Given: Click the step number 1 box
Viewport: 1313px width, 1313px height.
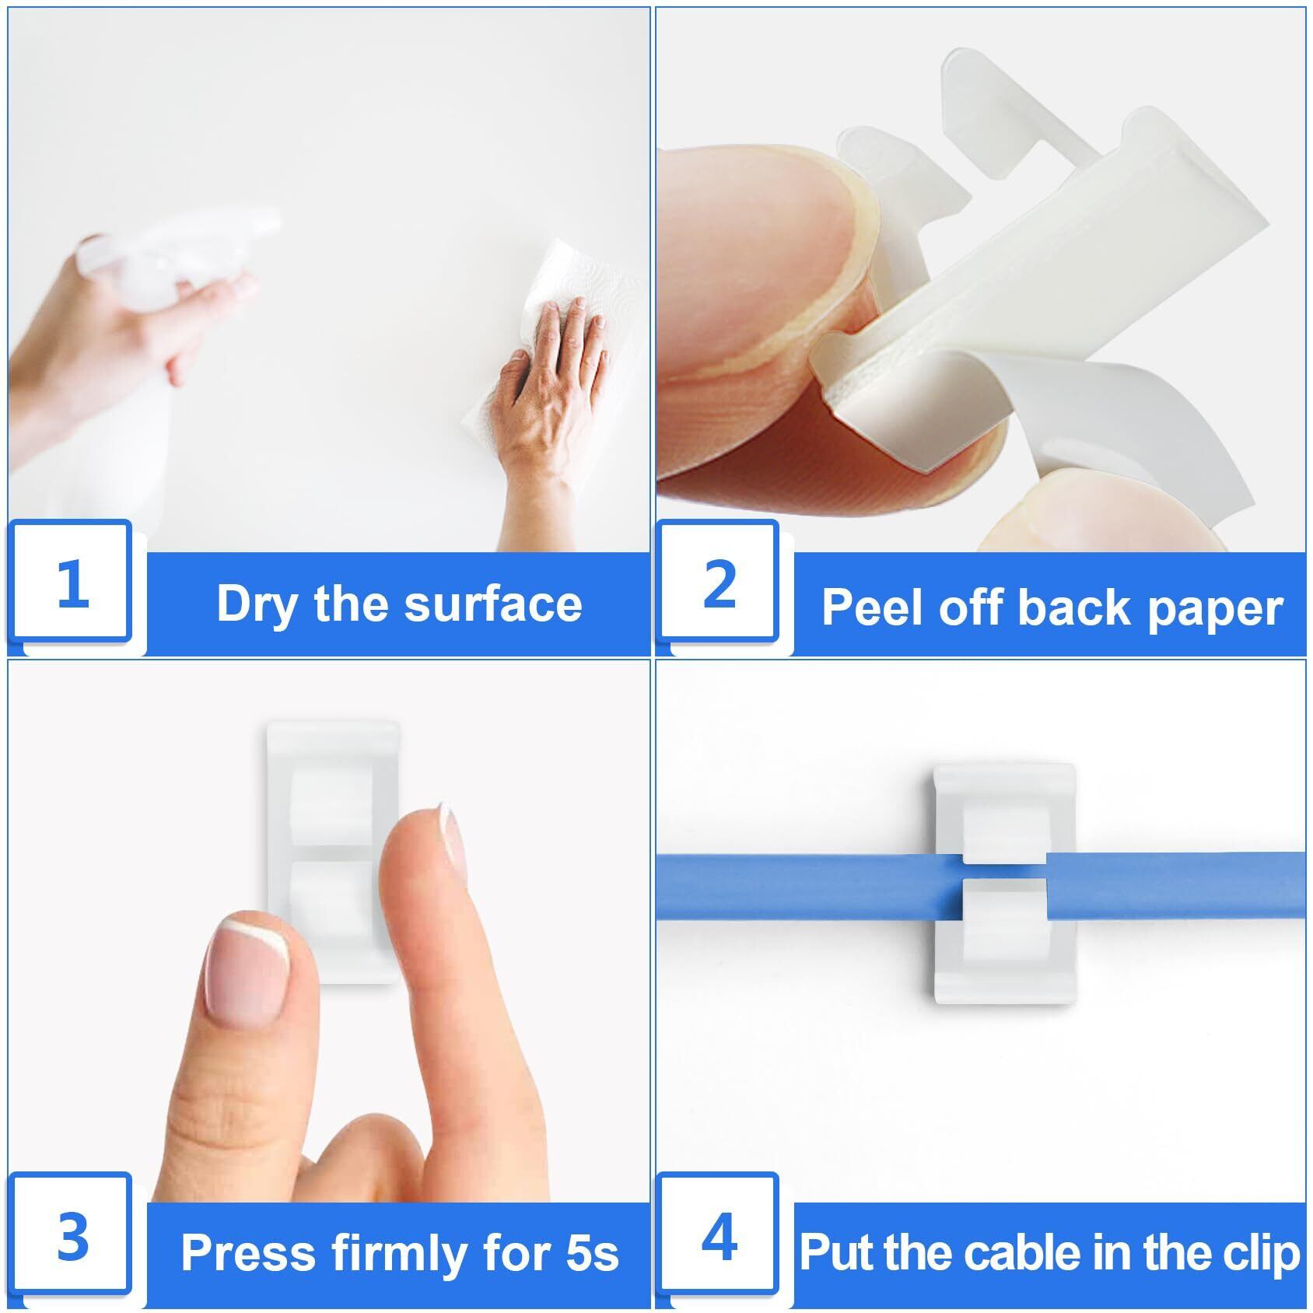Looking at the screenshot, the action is [x=72, y=582].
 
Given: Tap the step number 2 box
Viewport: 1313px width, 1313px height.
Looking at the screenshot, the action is [x=719, y=582].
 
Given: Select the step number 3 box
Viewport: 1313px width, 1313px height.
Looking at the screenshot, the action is [x=72, y=1235].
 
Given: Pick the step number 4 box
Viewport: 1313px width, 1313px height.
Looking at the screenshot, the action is [x=719, y=1235].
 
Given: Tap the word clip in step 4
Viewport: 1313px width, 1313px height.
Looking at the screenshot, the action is [x=1268, y=1255].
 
